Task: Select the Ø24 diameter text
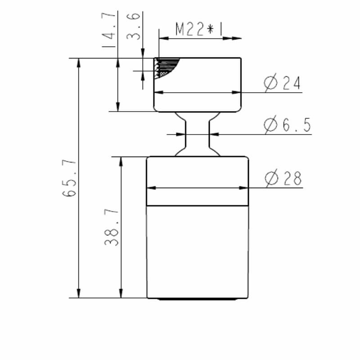pos(283,84)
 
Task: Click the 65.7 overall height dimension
pos(70,178)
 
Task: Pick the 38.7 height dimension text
pos(112,227)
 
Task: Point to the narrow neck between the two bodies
pos(198,134)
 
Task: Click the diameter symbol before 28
pos(271,179)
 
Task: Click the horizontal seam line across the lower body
pos(198,206)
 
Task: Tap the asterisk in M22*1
pos(210,30)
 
